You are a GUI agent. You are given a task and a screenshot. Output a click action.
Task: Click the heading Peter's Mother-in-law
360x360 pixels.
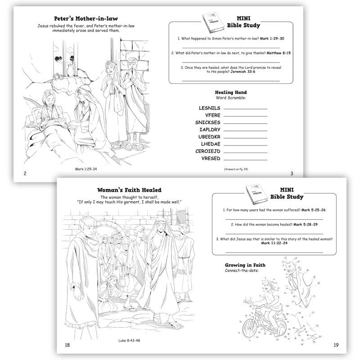click(89, 19)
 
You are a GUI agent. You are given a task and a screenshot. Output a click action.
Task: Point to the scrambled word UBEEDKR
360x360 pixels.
click(209, 137)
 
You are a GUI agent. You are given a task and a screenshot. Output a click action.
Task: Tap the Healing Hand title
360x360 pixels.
click(231, 92)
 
